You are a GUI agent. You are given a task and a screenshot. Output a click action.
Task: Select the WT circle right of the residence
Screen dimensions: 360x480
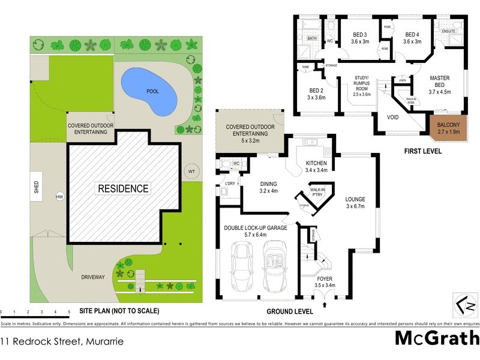click(x=191, y=171)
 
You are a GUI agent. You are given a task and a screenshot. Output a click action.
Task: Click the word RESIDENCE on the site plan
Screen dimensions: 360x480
click(x=124, y=188)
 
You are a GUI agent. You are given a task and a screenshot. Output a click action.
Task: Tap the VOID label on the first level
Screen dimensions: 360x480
click(x=393, y=118)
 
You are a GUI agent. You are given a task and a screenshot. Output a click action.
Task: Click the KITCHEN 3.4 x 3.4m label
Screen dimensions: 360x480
click(x=316, y=167)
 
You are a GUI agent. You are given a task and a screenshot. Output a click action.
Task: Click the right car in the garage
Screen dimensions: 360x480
click(x=277, y=265)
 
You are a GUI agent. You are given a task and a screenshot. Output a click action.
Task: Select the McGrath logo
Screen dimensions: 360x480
click(x=437, y=338)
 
